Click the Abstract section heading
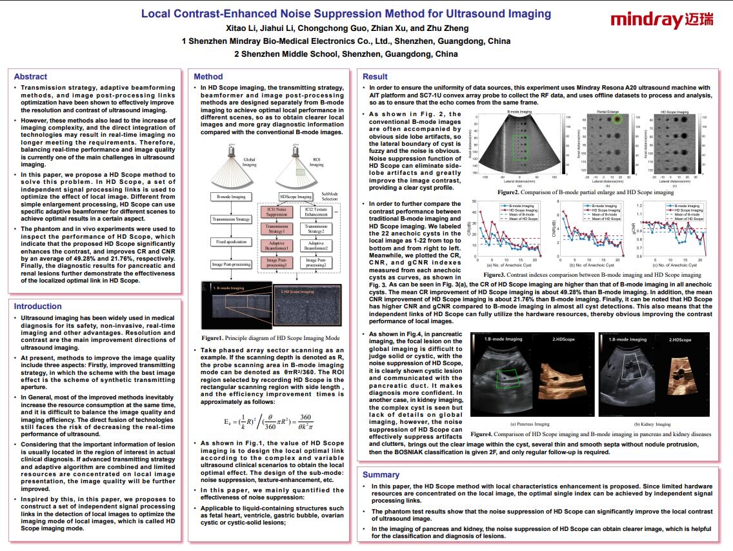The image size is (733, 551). coord(30,76)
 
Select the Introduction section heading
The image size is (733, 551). coord(38,306)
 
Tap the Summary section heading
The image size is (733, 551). coord(381,474)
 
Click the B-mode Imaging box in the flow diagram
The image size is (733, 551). coord(230,196)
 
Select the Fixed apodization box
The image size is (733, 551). coord(230,242)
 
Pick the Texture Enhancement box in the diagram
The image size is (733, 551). coord(316,211)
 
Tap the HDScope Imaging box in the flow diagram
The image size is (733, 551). coord(296,196)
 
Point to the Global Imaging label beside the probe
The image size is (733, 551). coord(249,161)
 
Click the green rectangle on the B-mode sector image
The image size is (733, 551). coord(519,147)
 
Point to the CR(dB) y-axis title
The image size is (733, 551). coord(471,230)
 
